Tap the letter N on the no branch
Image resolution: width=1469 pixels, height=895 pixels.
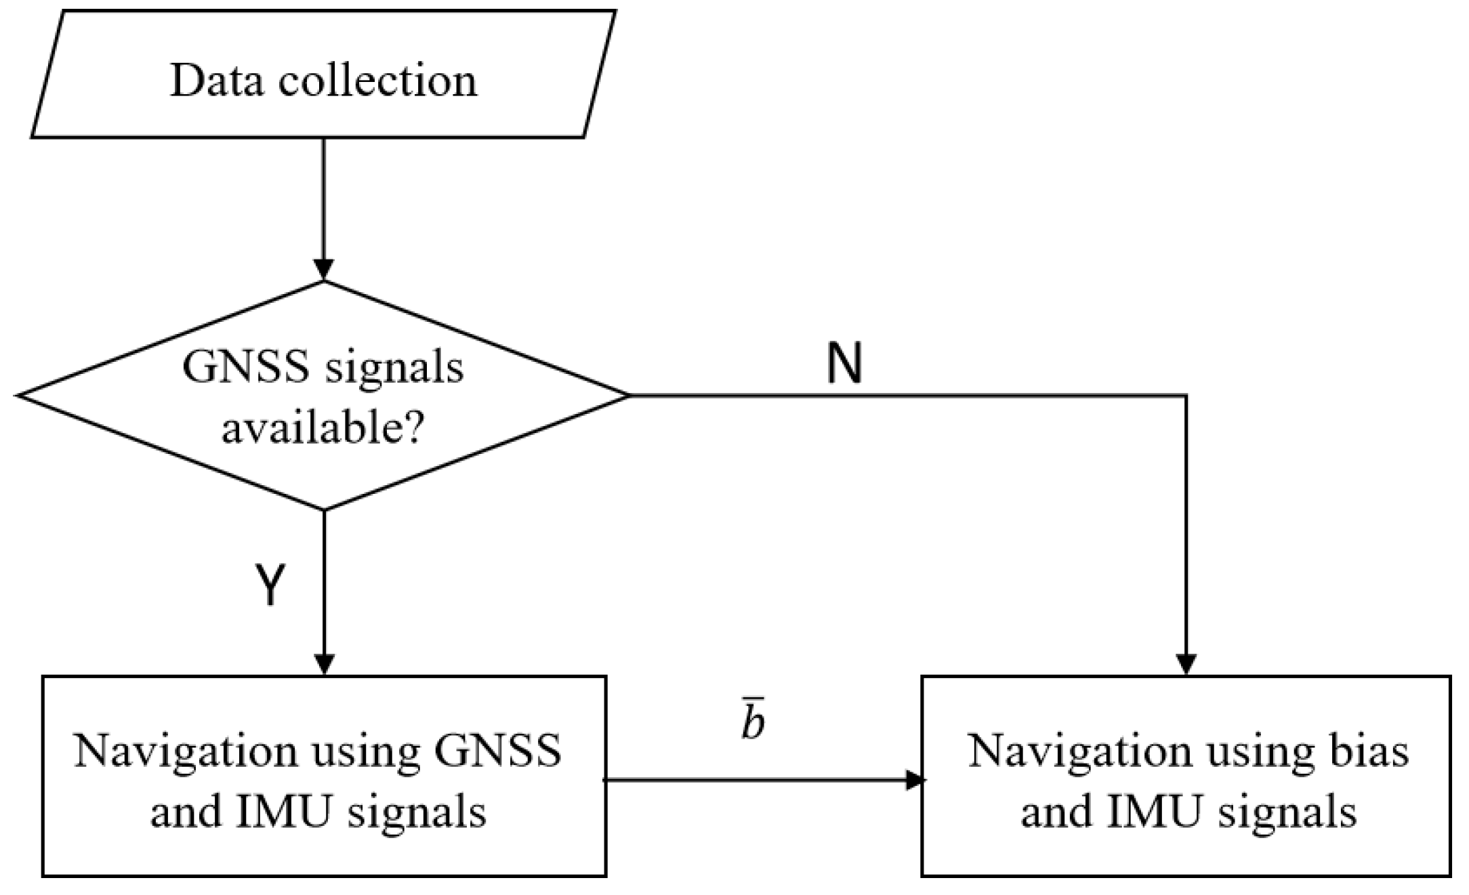click(844, 364)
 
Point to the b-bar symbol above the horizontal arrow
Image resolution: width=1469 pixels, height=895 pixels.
click(753, 722)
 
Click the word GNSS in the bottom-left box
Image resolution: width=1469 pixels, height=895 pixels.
click(498, 751)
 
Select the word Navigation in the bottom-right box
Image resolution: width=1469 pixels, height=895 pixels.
click(1080, 751)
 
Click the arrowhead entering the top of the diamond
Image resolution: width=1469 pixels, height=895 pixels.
click(324, 270)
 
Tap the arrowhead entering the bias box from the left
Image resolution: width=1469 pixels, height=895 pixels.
click(915, 780)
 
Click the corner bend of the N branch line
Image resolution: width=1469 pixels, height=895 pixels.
click(1186, 395)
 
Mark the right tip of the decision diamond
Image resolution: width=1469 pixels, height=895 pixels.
click(629, 395)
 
